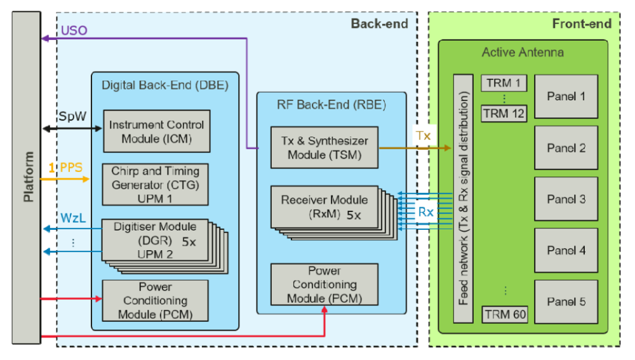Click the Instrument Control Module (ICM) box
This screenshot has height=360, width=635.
156,130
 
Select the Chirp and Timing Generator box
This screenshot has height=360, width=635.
156,184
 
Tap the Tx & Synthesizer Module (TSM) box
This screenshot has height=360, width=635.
324,147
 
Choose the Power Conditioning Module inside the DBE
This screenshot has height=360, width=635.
156,300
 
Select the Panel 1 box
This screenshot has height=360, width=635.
566,97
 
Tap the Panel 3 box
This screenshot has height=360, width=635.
566,199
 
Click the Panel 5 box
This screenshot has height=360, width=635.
566,302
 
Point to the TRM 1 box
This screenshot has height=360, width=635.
504,83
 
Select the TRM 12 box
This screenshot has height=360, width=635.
504,114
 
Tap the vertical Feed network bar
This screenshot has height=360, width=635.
463,199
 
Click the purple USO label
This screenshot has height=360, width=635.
74,30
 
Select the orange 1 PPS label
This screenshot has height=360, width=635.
65,169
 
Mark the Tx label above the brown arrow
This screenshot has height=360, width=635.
423,136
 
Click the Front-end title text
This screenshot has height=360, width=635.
582,23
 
